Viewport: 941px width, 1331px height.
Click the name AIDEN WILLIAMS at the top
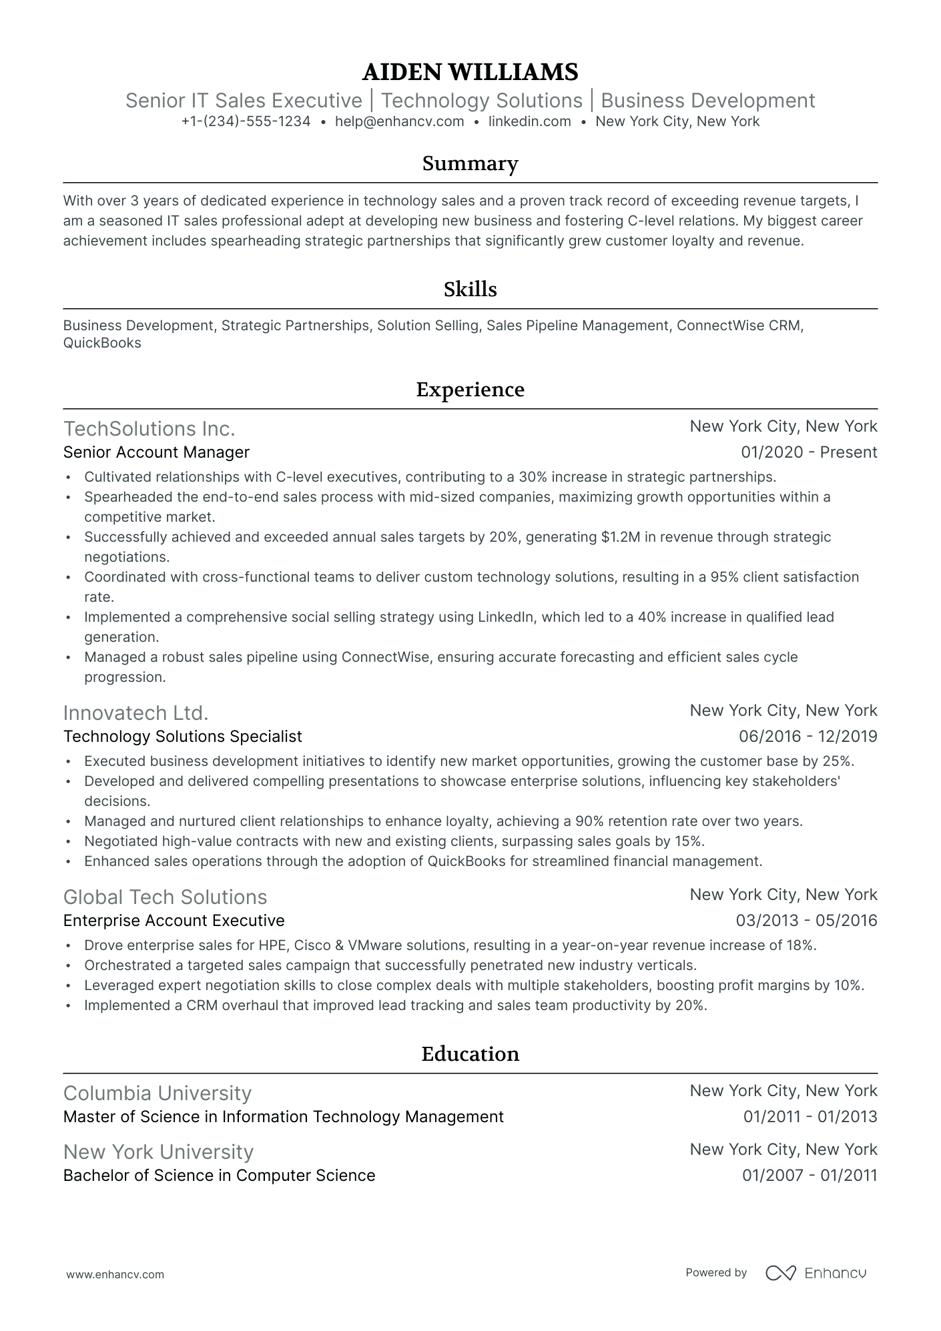pos(470,71)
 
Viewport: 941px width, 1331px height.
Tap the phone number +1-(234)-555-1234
pos(246,121)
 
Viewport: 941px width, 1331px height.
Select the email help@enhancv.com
pos(399,121)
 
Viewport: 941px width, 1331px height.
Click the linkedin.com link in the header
pos(529,121)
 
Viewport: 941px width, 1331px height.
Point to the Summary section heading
pos(470,163)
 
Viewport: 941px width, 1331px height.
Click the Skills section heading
pos(470,289)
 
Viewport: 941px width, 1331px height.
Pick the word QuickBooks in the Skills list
pos(102,344)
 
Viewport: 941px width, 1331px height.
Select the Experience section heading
pos(470,389)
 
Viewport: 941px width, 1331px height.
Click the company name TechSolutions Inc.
pos(149,428)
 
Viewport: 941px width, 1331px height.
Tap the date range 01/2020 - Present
pos(809,452)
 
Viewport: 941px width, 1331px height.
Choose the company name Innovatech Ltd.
pos(135,713)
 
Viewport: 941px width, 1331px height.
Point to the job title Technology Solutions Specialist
pos(182,737)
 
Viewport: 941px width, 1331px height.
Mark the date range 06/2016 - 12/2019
pos(808,737)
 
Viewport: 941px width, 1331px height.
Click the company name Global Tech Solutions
pos(165,897)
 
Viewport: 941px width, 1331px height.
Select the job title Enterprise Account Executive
pos(174,921)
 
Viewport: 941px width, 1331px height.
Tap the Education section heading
pos(470,1053)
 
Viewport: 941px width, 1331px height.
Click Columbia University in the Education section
pos(157,1093)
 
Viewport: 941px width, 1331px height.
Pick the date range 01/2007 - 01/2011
pos(810,1176)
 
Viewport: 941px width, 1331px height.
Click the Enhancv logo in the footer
pos(816,1273)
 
